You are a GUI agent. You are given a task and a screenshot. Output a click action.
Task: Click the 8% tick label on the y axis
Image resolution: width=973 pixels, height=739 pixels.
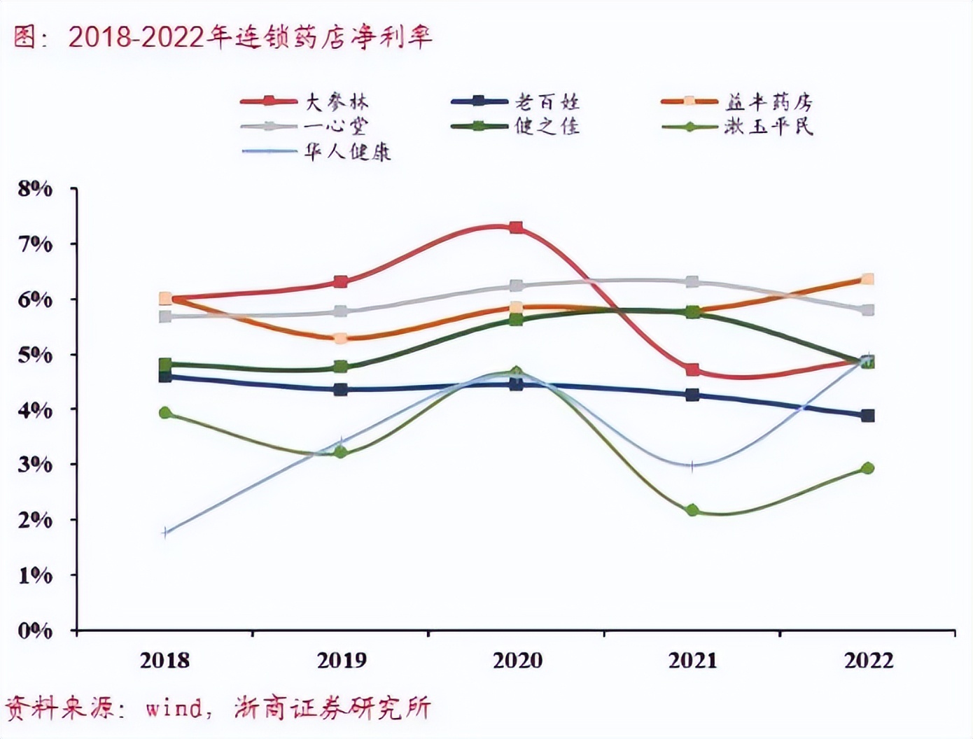coord(35,188)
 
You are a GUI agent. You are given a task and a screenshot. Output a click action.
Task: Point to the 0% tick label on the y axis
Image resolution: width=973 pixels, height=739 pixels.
coord(35,631)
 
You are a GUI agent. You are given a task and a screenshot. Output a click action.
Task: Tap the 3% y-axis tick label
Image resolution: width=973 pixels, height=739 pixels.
coord(35,465)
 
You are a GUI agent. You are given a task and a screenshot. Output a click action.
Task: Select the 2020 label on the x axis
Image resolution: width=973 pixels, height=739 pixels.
coord(517,660)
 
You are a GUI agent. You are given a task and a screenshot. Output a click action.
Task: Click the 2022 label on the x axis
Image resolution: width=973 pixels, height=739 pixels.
coord(869,660)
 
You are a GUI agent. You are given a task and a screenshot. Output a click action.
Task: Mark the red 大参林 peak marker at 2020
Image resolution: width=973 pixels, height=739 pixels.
coord(516,227)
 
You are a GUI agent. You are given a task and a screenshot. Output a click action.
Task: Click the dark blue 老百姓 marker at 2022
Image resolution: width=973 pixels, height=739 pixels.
coord(868,416)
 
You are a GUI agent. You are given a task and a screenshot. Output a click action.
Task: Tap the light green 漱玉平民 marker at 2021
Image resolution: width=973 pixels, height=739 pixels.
coord(692,510)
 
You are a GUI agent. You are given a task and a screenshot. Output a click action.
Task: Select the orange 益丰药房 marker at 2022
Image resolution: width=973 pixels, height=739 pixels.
coord(867,279)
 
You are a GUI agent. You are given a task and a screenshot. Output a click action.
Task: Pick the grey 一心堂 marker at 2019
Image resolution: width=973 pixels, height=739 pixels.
coord(341,311)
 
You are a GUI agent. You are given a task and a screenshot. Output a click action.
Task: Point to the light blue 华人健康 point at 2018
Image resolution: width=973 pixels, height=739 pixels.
coord(165,533)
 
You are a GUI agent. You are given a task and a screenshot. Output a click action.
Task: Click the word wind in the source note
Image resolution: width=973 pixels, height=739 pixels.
coord(172,708)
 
